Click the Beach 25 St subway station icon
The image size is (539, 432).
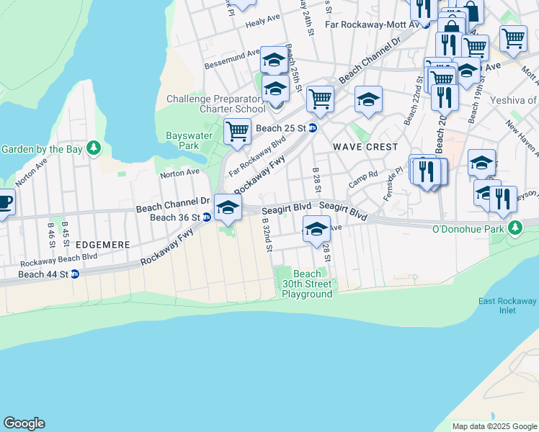pyautogui.click(x=313, y=128)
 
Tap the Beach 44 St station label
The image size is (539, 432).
pyautogui.click(x=43, y=274)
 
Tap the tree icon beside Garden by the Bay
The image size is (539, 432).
pyautogui.click(x=93, y=149)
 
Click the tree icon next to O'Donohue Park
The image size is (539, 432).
pyautogui.click(x=514, y=229)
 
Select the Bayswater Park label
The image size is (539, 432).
pyautogui.click(x=182, y=140)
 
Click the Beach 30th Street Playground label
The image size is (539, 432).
pyautogui.click(x=307, y=284)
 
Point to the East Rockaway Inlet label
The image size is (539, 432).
pyautogui.click(x=508, y=306)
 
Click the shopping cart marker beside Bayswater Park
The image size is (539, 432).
pyautogui.click(x=237, y=132)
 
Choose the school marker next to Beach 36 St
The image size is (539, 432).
pyautogui.click(x=228, y=208)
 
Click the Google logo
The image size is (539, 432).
pyautogui.click(x=24, y=423)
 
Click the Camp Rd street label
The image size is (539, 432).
pyautogui.click(x=363, y=174)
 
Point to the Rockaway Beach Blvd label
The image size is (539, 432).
pyautogui.click(x=59, y=260)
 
